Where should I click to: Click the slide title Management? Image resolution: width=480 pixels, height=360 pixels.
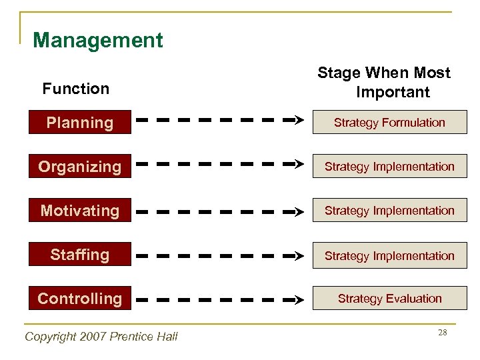(x=97, y=41)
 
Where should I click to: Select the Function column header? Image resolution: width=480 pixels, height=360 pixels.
(x=75, y=89)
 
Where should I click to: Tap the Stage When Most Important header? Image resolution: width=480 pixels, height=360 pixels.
(x=384, y=82)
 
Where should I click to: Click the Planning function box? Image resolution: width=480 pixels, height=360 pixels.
(x=79, y=123)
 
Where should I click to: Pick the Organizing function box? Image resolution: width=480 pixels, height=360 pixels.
(x=79, y=167)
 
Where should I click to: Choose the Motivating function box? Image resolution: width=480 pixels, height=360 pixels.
(x=79, y=211)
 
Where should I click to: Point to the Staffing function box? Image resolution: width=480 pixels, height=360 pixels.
(x=79, y=255)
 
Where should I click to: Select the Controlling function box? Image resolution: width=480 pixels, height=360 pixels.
(x=79, y=299)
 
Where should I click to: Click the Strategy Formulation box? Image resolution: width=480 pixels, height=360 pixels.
(x=389, y=123)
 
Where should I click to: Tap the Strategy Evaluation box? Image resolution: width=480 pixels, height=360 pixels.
(x=389, y=299)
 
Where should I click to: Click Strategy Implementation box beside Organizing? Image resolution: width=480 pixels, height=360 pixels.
(x=389, y=167)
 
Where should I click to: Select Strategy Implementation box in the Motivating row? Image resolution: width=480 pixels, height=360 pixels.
(x=389, y=211)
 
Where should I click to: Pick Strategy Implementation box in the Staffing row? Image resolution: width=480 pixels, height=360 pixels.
(x=389, y=255)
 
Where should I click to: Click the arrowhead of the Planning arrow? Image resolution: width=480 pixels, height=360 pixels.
(x=299, y=121)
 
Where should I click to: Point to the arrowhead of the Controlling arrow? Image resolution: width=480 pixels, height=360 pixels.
(x=299, y=301)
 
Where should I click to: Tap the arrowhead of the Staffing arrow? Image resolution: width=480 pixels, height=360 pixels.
(x=299, y=256)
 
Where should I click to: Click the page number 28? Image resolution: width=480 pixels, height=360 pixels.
(x=442, y=332)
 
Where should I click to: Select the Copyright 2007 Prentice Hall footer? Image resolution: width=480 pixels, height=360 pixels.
(x=101, y=337)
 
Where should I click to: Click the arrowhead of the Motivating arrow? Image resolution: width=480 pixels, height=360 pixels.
(x=299, y=212)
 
